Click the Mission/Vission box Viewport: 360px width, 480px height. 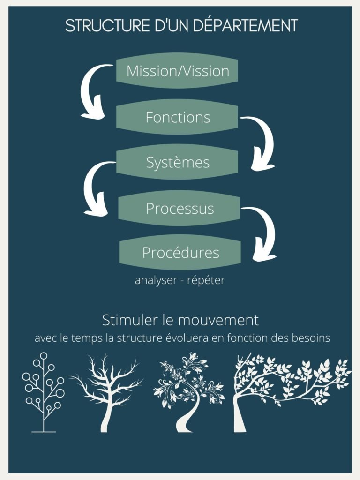[177, 72]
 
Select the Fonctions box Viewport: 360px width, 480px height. [177, 117]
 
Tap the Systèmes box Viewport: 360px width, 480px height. [177, 163]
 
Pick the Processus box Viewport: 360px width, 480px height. [179, 208]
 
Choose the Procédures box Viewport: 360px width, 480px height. [180, 253]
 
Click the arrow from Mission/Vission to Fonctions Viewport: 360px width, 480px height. [92, 91]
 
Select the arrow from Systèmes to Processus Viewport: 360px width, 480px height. [94, 187]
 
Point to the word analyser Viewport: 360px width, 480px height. [154, 280]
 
